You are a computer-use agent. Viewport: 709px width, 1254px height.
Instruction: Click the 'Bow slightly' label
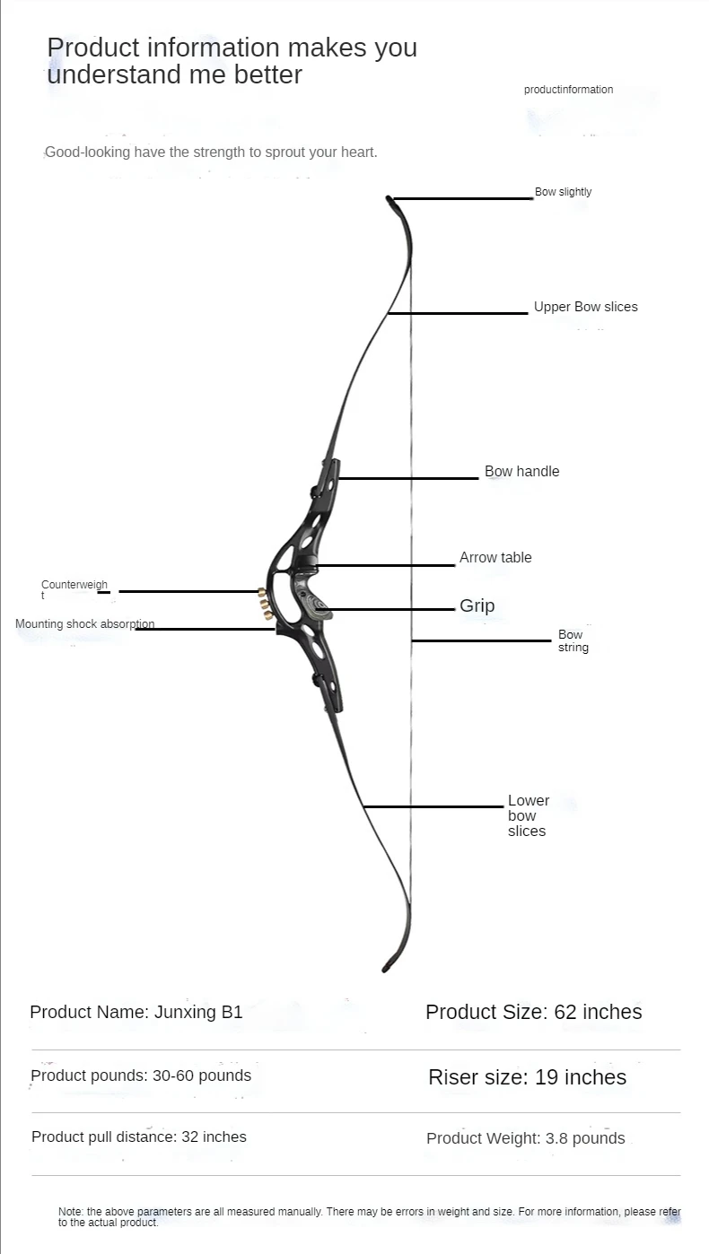[563, 192]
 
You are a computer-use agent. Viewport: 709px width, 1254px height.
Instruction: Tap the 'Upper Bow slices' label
[585, 307]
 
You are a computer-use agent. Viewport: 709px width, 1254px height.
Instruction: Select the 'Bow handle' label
[521, 472]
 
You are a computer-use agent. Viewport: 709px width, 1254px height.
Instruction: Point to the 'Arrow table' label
[495, 558]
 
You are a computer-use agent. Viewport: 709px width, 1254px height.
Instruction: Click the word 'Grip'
[477, 606]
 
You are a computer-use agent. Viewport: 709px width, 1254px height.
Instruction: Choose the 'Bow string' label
[573, 640]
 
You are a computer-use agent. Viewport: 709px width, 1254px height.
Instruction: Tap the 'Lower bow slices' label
[528, 815]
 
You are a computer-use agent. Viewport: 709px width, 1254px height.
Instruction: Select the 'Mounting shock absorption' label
[84, 624]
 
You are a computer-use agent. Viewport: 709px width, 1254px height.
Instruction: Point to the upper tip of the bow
[391, 201]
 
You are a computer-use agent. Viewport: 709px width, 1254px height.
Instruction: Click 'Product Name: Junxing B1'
[136, 1013]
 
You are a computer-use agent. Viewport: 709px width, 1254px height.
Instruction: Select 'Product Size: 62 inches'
[533, 1013]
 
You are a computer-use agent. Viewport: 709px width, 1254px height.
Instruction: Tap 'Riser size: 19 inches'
[527, 1077]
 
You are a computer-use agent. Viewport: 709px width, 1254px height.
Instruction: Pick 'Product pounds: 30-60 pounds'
[141, 1075]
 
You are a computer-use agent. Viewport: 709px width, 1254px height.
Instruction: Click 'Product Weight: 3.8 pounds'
[525, 1138]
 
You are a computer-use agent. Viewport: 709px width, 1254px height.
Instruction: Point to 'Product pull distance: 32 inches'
[138, 1137]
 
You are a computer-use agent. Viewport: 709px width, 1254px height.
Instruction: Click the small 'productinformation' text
[568, 90]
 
